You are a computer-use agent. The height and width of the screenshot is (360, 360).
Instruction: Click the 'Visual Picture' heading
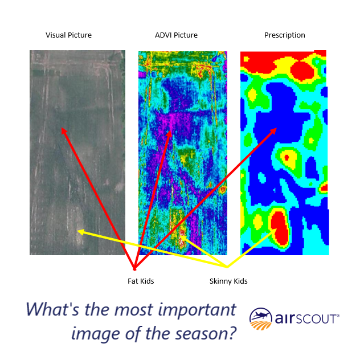click(x=68, y=35)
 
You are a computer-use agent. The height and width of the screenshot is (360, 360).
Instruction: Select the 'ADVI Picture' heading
click(x=176, y=35)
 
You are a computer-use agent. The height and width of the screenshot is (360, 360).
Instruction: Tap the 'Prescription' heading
click(x=284, y=35)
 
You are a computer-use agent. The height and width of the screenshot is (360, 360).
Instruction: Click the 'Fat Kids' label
click(x=141, y=281)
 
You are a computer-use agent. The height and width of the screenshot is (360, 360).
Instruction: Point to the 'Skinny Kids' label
click(x=228, y=281)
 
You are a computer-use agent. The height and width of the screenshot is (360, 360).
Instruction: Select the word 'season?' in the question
click(x=207, y=334)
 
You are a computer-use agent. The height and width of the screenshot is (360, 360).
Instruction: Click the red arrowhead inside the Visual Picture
click(x=63, y=130)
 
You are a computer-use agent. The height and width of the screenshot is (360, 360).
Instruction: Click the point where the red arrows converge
click(x=134, y=268)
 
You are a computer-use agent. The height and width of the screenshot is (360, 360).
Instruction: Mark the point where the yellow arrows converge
click(x=227, y=267)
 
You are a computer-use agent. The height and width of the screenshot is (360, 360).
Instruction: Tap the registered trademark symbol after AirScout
click(x=339, y=314)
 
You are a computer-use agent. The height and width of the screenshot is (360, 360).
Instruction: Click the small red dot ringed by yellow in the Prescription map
click(x=287, y=157)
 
